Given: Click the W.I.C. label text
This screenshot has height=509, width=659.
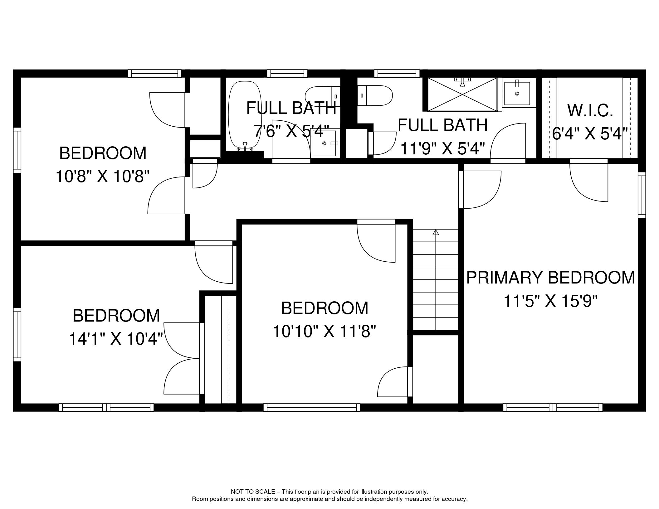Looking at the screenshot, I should [x=590, y=110].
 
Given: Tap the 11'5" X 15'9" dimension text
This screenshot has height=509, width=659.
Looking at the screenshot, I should [x=550, y=301].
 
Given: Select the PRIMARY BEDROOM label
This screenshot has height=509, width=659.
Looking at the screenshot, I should [x=550, y=278].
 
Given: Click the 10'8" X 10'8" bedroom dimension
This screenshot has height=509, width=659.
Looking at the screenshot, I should [x=103, y=177].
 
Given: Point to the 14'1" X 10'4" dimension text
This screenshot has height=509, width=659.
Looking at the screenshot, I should [x=116, y=339].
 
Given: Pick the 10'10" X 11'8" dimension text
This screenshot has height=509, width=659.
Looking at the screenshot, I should [x=325, y=331].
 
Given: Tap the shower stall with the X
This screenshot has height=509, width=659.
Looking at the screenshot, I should [x=462, y=94].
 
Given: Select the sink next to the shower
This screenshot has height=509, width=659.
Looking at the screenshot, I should [x=517, y=93].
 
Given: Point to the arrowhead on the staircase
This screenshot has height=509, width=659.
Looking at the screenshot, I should [x=436, y=232].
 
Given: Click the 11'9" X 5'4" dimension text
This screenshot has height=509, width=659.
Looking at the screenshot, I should [x=442, y=149].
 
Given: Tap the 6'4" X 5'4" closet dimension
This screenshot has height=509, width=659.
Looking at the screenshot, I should [x=590, y=134].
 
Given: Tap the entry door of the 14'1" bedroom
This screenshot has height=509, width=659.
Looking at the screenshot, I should [x=214, y=264].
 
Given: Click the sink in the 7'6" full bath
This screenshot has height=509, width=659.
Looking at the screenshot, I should [x=325, y=143].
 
